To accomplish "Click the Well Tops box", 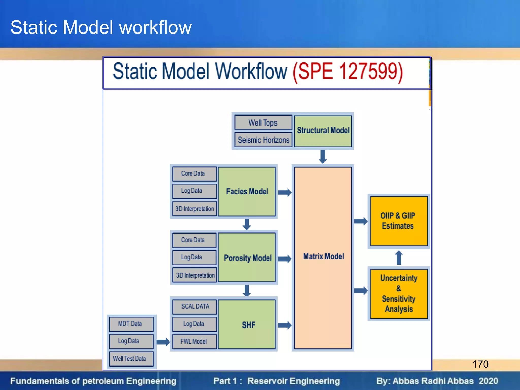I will pyautogui.click(x=263, y=123).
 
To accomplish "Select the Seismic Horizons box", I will pyautogui.click(x=263, y=140).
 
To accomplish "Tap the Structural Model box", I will pyautogui.click(x=323, y=131).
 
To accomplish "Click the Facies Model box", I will pyautogui.click(x=247, y=191).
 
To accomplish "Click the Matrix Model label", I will pyautogui.click(x=323, y=256).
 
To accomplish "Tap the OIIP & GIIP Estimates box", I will pyautogui.click(x=398, y=220).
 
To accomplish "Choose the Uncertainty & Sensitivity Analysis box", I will pyautogui.click(x=398, y=294).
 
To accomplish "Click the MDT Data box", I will pyautogui.click(x=131, y=324).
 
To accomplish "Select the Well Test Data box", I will pyautogui.click(x=131, y=358).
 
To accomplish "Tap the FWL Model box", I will pyautogui.click(x=194, y=341).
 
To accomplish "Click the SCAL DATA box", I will pyautogui.click(x=194, y=306).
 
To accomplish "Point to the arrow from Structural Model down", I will pyautogui.click(x=323, y=156).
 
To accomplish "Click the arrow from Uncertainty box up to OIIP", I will pyautogui.click(x=399, y=257).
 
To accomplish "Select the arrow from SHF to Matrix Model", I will pyautogui.click(x=285, y=325).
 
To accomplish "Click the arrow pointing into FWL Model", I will pyautogui.click(x=163, y=342).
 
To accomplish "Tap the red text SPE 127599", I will pyautogui.click(x=348, y=72).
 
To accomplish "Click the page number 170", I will pyautogui.click(x=480, y=364).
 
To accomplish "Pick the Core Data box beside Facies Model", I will pyautogui.click(x=194, y=173).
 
